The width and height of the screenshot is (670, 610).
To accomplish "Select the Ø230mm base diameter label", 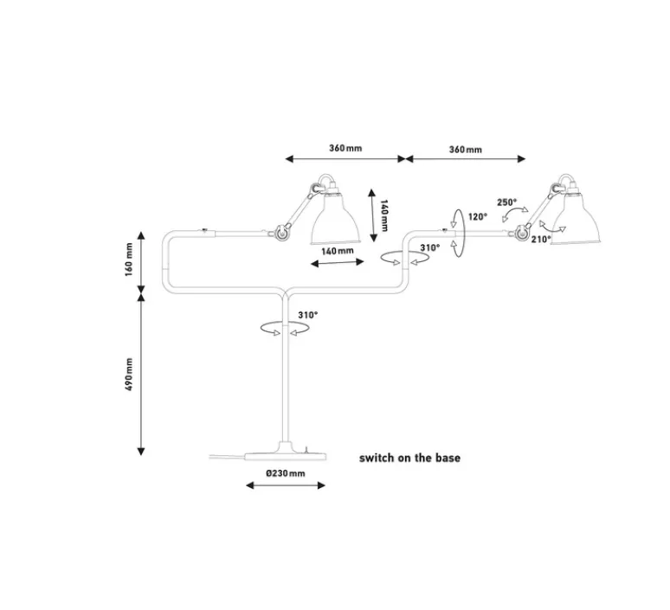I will [285, 473].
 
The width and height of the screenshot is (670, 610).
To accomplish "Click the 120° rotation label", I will [477, 217].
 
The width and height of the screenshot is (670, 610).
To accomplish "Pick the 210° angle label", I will [540, 240].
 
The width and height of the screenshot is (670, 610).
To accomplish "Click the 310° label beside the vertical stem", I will [307, 315].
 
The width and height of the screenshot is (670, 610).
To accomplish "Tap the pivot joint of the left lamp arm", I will [280, 231].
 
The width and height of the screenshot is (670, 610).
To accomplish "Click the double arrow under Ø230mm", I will [286, 485].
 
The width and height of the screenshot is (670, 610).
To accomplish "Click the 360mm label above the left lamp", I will [345, 148].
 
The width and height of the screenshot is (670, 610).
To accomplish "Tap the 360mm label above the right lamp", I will [466, 150].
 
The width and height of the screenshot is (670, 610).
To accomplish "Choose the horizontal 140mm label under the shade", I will [338, 251].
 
